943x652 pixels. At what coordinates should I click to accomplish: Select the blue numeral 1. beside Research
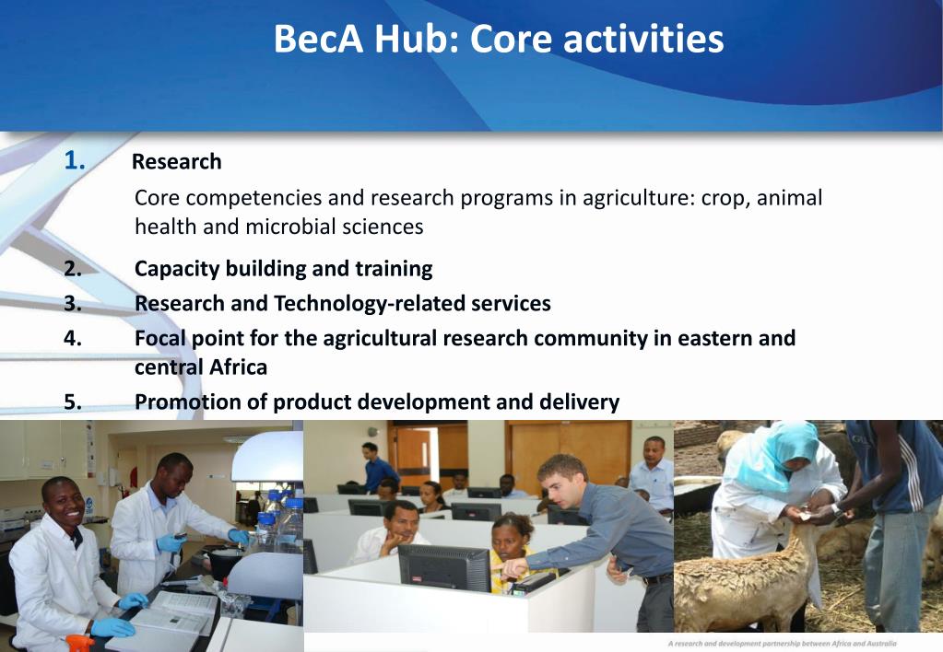[x=75, y=161]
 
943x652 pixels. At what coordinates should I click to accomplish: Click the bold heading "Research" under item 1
[x=176, y=162]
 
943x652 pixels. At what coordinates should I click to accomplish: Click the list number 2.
[x=74, y=269]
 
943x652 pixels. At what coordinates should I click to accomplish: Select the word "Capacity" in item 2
[x=173, y=269]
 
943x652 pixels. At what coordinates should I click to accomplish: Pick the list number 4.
[x=74, y=338]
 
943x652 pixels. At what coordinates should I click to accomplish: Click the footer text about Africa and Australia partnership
[x=782, y=643]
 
